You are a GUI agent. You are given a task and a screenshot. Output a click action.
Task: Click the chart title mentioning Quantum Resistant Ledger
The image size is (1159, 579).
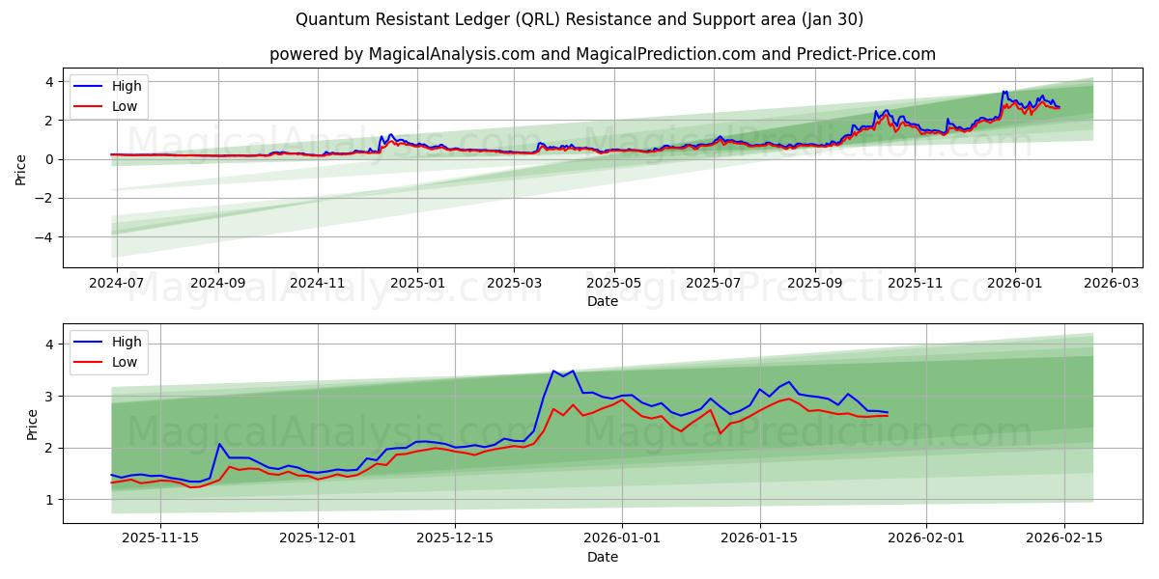[579, 19]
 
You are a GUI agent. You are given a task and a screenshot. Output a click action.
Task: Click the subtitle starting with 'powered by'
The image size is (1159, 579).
[602, 54]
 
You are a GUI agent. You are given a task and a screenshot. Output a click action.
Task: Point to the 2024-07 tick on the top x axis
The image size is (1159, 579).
[117, 284]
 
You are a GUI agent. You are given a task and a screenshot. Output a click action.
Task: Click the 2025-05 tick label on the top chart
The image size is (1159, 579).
[614, 284]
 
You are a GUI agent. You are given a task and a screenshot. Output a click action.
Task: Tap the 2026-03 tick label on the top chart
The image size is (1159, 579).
[1112, 284]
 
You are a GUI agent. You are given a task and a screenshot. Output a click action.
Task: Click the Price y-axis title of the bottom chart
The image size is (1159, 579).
[32, 424]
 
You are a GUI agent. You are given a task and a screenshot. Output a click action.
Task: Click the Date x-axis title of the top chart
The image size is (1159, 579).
[602, 301]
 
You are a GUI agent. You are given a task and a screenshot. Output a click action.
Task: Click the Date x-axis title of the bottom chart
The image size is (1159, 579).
[602, 557]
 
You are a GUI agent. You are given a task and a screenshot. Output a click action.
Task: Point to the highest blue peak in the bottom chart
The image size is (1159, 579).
[553, 371]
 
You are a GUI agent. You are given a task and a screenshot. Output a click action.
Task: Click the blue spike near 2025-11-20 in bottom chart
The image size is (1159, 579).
[219, 444]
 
